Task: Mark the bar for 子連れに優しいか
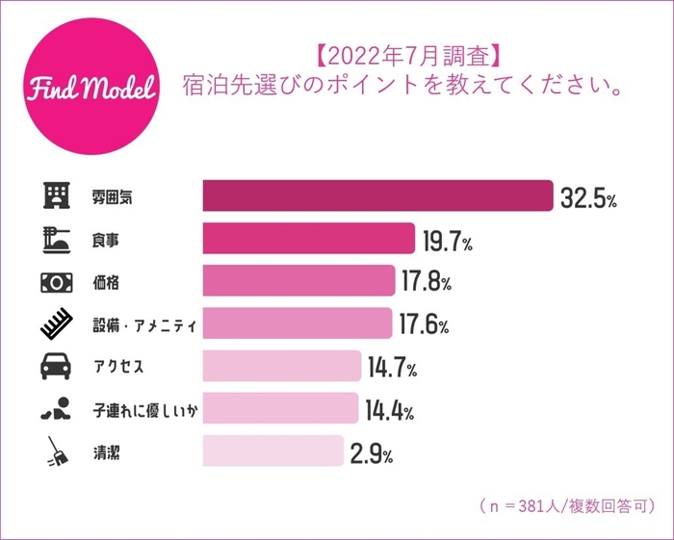point(280,409)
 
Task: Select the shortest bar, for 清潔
point(272,451)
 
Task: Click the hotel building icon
point(56,196)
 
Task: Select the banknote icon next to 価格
point(56,282)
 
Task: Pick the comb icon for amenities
point(56,325)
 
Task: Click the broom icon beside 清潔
point(56,451)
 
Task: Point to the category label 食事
point(104,240)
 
